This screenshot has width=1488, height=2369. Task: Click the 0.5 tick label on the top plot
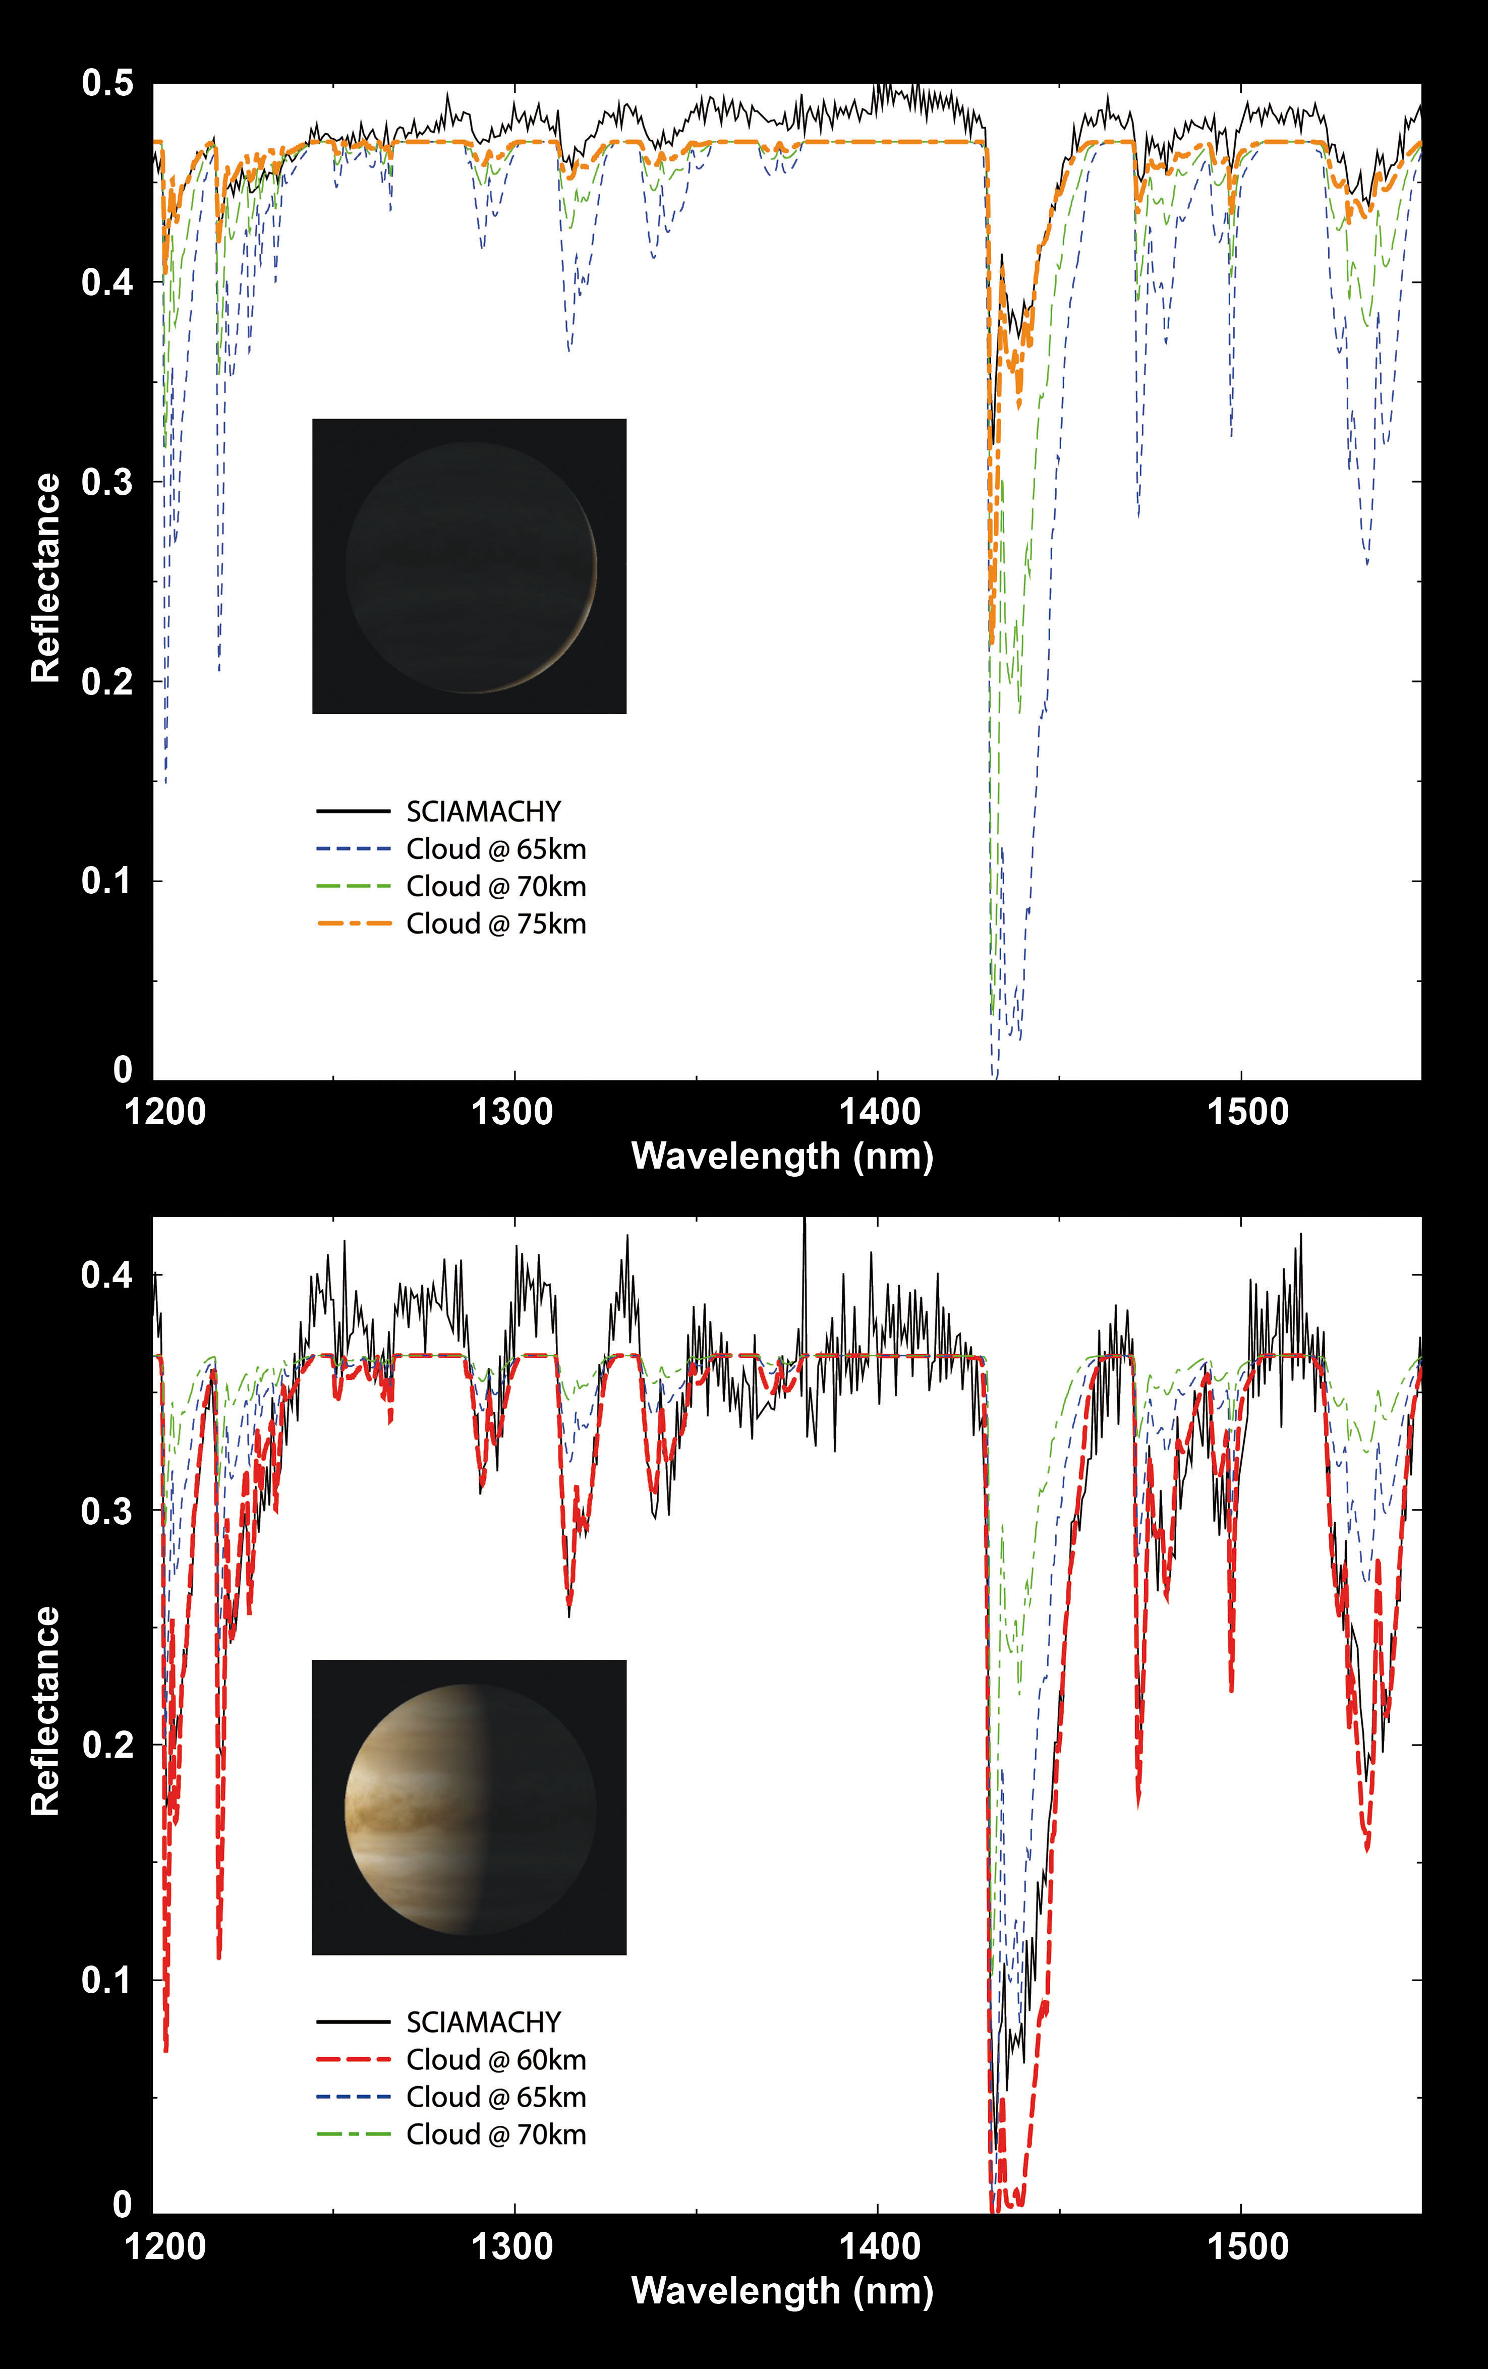tap(107, 84)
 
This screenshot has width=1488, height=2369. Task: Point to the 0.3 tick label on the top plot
tap(107, 482)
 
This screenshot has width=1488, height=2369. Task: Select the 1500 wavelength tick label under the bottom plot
tap(1247, 2246)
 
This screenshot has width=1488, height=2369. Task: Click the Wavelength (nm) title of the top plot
tap(782, 1156)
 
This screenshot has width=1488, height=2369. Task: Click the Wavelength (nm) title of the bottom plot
tap(782, 2290)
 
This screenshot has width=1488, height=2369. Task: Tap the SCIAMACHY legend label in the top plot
tap(483, 812)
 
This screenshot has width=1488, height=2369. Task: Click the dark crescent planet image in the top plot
tap(470, 567)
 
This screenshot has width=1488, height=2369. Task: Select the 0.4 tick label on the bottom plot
tap(107, 1276)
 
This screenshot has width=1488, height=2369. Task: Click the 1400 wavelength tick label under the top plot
tap(879, 1112)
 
